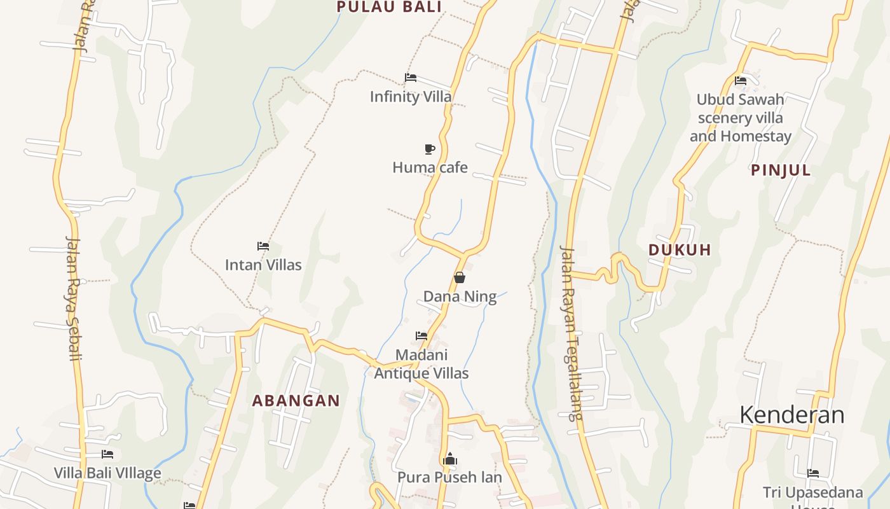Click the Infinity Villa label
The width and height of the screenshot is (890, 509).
coord(411,97)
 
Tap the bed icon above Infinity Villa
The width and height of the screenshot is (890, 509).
coord(411,78)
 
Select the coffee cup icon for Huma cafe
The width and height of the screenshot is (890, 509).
coord(430,150)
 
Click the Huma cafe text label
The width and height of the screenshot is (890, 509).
coord(430,168)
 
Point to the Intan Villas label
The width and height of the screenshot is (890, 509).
coord(263,265)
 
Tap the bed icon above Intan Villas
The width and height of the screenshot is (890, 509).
coord(263,246)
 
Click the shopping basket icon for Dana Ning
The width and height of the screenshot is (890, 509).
coord(460,277)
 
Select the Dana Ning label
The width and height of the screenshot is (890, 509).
coord(460,296)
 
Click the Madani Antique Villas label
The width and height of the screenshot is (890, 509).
coord(421,364)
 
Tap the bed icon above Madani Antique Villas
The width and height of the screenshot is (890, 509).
coord(421,336)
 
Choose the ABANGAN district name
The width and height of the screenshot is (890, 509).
coord(296,401)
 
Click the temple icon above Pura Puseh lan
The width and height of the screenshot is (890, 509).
coord(450,459)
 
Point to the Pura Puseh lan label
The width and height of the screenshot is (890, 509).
coord(449,477)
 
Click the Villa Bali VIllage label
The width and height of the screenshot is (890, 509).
coord(107,473)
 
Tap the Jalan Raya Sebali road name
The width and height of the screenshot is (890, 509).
coord(74,298)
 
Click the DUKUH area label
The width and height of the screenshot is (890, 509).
coord(680,250)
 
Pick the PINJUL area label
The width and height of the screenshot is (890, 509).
coord(781,171)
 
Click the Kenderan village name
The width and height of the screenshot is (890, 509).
coord(792,415)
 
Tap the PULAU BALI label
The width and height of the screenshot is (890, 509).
coord(389,7)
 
